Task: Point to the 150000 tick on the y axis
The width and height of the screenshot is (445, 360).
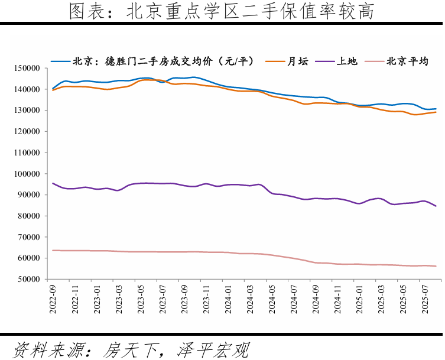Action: [x=26, y=69]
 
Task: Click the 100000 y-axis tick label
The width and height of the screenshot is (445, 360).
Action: [x=26, y=174]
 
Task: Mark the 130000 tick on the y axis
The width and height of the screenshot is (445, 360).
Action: [x=26, y=111]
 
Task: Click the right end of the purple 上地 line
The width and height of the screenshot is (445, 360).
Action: [x=436, y=206]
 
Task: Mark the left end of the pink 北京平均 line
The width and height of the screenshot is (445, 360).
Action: [x=53, y=250]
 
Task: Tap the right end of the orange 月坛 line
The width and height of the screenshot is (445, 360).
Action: [x=436, y=112]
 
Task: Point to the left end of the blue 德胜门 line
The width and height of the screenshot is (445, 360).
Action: [x=53, y=88]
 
